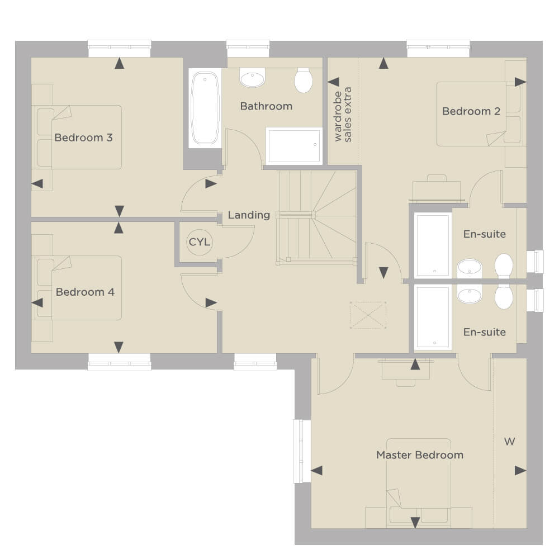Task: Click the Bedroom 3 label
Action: (83, 138)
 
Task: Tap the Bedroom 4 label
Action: (85, 292)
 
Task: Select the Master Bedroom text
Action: (420, 455)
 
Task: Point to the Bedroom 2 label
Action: (471, 111)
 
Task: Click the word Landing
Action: (249, 215)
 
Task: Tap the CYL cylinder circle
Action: (200, 243)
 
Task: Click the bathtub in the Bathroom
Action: (205, 108)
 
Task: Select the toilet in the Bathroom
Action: (304, 80)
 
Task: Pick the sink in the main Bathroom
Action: (253, 78)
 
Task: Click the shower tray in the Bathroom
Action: (294, 146)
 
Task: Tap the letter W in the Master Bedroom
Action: (510, 442)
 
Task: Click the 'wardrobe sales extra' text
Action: (343, 115)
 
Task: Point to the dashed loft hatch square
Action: (368, 315)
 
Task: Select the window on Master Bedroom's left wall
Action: (302, 451)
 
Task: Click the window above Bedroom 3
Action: (120, 49)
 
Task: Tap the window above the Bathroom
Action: (248, 49)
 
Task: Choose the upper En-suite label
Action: (485, 234)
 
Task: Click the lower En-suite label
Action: (485, 332)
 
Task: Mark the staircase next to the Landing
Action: (316, 217)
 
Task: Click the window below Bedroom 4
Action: (120, 362)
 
